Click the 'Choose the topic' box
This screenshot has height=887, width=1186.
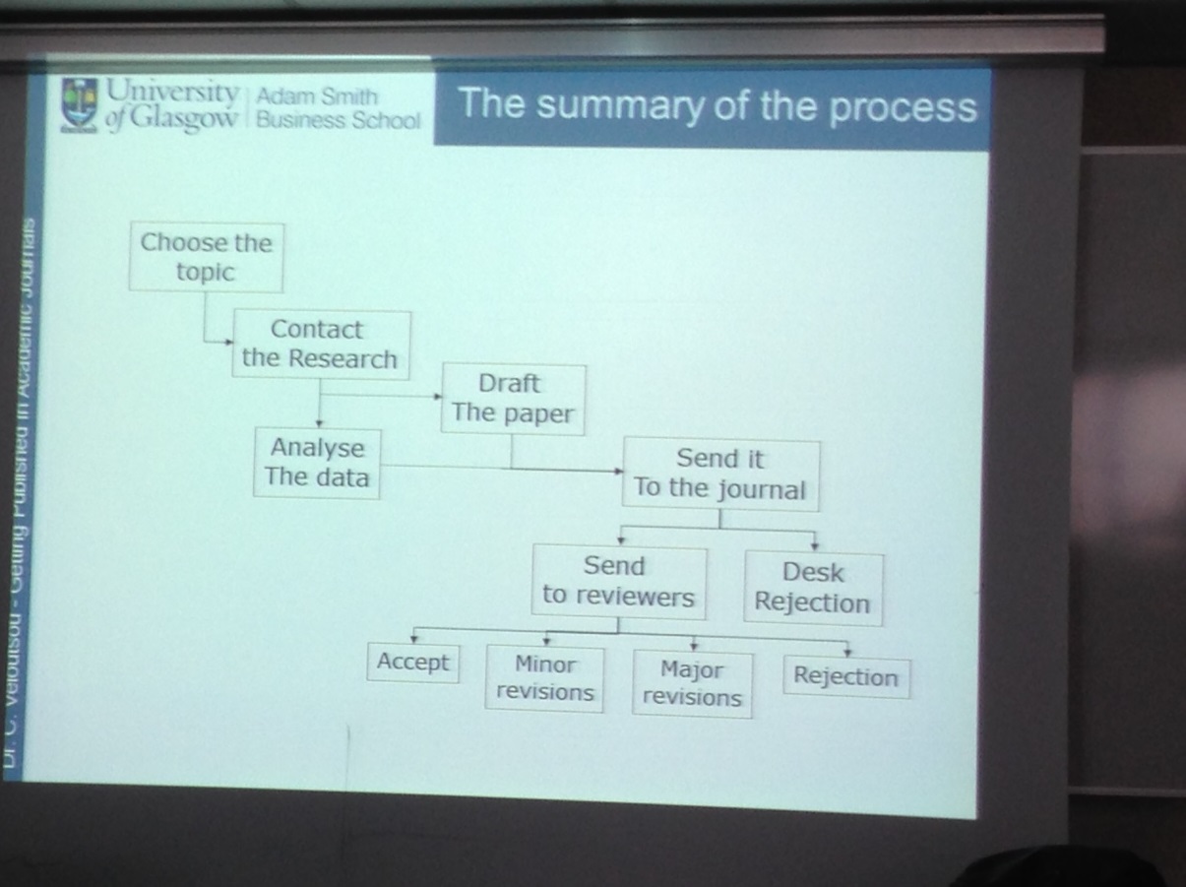(x=206, y=257)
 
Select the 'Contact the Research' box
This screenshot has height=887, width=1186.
(x=320, y=345)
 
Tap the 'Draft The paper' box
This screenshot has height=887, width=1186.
(x=512, y=399)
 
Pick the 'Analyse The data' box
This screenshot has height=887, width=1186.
(x=317, y=463)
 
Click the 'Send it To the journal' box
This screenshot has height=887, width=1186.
(x=720, y=474)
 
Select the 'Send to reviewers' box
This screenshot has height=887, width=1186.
(x=618, y=582)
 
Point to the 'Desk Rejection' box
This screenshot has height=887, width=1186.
(x=813, y=588)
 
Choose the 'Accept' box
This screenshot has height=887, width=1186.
(x=412, y=663)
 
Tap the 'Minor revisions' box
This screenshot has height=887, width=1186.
(x=544, y=678)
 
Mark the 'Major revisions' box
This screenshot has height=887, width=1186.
(x=692, y=683)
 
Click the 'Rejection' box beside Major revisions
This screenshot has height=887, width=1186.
(x=845, y=677)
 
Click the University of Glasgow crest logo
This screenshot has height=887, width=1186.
(x=80, y=104)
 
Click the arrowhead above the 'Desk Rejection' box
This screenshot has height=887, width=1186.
(x=814, y=545)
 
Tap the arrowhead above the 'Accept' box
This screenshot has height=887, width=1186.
(x=413, y=639)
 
